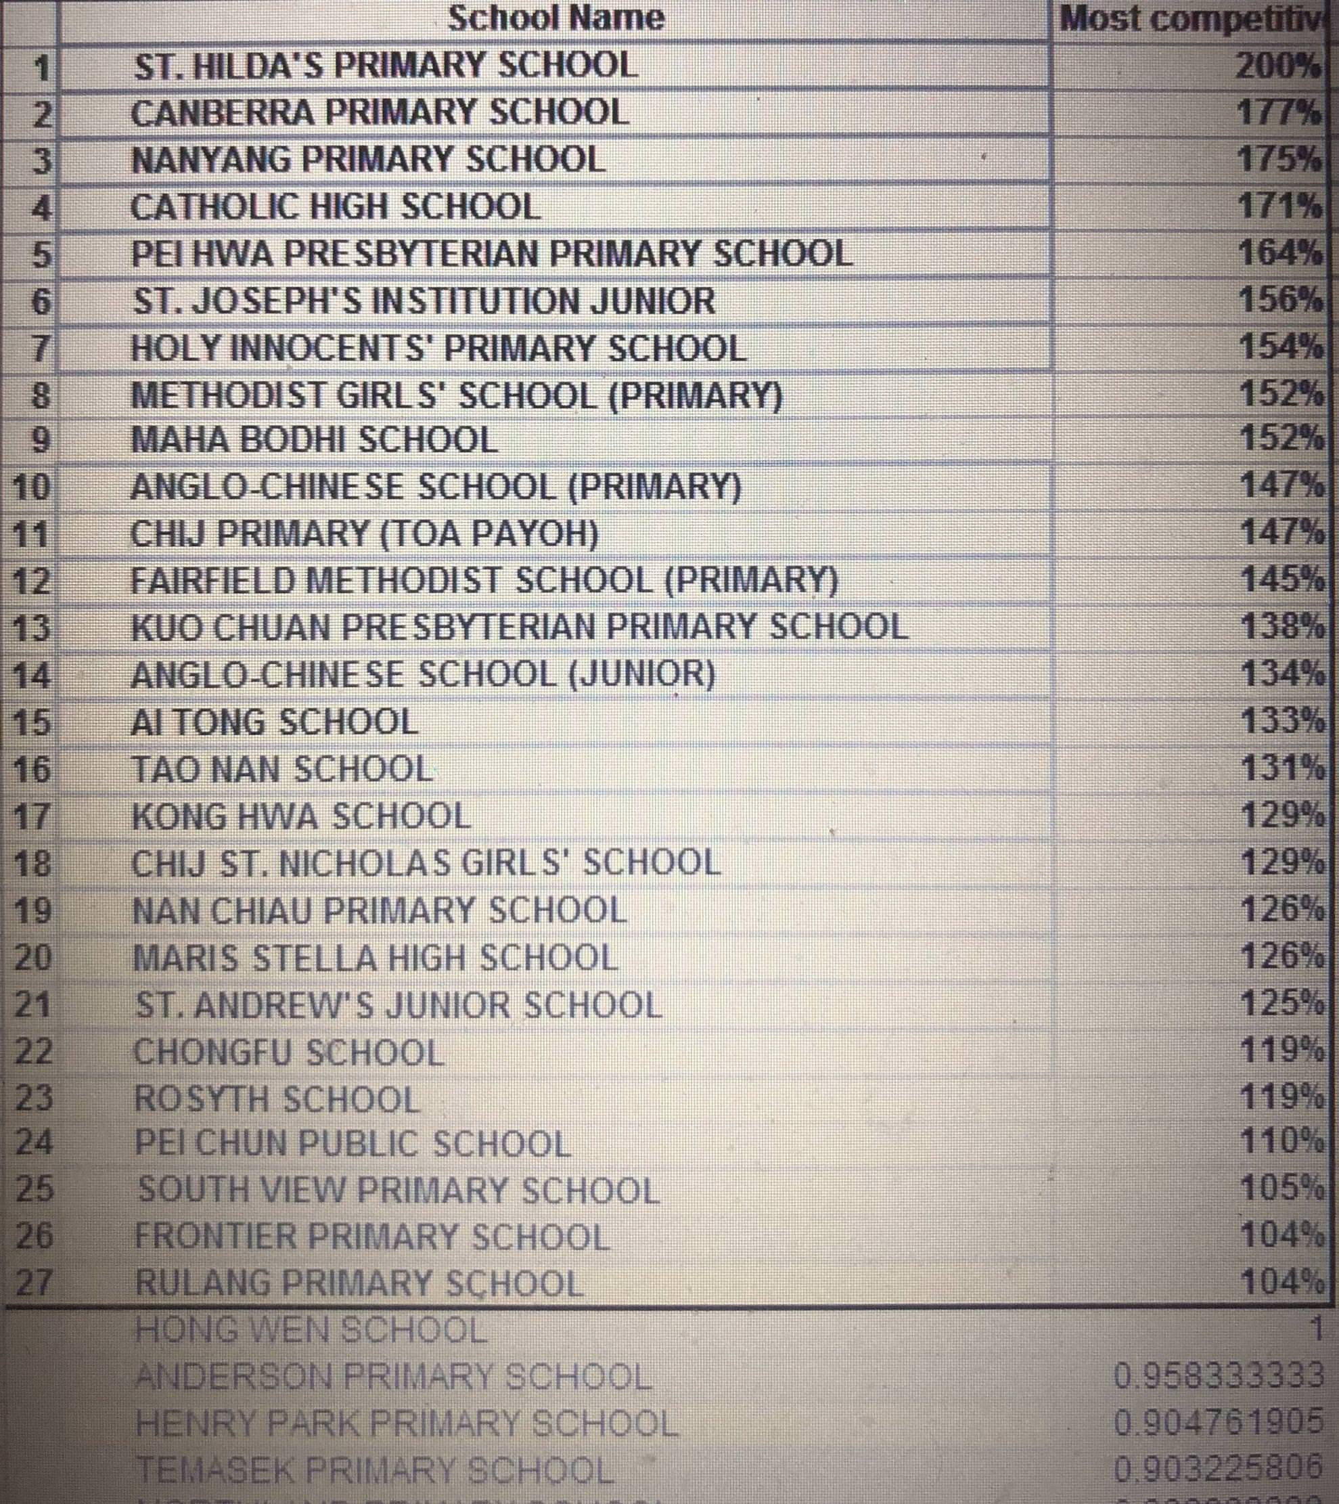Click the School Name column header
click(x=555, y=18)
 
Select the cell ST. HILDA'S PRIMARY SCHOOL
click(x=385, y=66)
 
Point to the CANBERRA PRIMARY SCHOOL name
click(x=380, y=112)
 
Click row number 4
click(x=42, y=208)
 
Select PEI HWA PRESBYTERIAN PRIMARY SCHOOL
click(x=491, y=254)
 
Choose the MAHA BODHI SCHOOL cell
click(x=314, y=440)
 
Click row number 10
click(x=32, y=487)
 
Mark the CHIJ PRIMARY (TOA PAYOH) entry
click(x=365, y=533)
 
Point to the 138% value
click(x=1281, y=627)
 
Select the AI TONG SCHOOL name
click(x=275, y=722)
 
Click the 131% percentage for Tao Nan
click(x=1281, y=769)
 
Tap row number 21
click(x=33, y=1004)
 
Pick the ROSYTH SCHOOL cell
click(x=277, y=1099)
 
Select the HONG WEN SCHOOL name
click(x=311, y=1330)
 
